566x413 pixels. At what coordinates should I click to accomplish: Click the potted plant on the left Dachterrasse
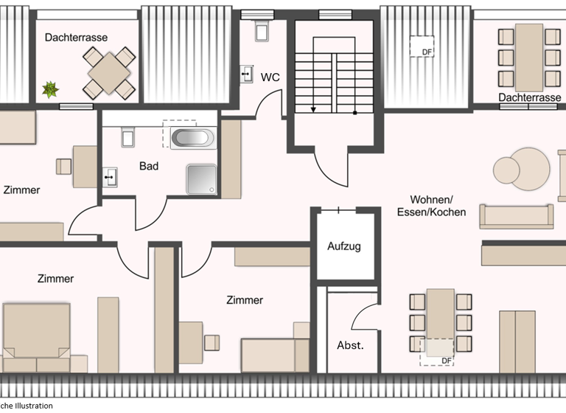50,90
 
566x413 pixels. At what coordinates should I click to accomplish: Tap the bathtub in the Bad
192,137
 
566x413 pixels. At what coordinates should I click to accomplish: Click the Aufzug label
344,246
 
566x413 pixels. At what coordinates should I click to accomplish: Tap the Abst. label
349,345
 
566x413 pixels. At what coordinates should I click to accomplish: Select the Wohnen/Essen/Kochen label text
438,206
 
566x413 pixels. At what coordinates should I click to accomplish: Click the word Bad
149,166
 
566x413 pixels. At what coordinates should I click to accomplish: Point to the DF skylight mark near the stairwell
427,52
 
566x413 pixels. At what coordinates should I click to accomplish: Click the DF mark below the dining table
446,360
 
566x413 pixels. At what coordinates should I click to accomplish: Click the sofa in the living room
516,216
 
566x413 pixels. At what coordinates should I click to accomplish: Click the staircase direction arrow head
313,109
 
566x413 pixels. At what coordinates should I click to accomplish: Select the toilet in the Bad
125,137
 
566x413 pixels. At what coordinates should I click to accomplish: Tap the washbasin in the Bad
110,176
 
